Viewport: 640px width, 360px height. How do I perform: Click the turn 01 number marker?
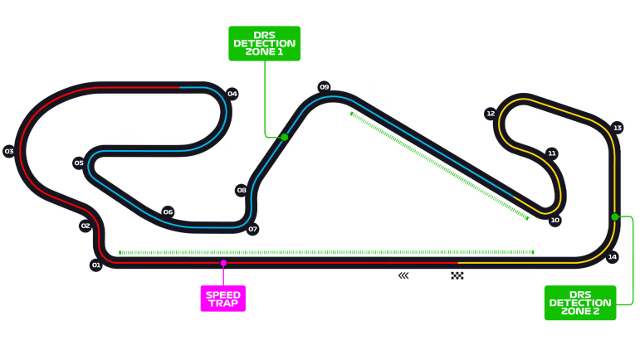click(96, 265)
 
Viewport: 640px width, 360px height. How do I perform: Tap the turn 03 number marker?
click(9, 151)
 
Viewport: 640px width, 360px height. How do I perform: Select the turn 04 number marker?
click(232, 94)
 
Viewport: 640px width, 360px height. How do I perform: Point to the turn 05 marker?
click(79, 163)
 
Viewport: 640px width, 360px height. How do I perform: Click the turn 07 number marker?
click(252, 229)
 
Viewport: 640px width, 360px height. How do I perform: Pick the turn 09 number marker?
click(324, 87)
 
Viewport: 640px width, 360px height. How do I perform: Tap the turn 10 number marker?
click(555, 221)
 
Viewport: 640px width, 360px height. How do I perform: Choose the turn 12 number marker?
click(491, 114)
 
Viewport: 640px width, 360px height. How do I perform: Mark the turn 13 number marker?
click(618, 128)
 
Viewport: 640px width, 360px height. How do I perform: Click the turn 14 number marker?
click(613, 257)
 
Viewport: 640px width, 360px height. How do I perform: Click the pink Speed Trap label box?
click(223, 299)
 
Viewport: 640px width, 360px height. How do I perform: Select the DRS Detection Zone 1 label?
click(265, 44)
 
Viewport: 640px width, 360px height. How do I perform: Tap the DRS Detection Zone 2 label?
click(580, 303)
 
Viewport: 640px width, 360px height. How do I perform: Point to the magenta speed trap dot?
click(223, 263)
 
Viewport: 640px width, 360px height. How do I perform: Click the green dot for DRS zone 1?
click(285, 137)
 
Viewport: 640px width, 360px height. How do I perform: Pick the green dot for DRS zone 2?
click(615, 216)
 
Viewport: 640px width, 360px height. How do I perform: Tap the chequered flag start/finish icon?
click(457, 275)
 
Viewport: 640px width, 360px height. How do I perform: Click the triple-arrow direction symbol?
click(403, 276)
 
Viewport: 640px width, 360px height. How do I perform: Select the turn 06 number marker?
click(169, 212)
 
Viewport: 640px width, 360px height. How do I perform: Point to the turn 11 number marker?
click(552, 153)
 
